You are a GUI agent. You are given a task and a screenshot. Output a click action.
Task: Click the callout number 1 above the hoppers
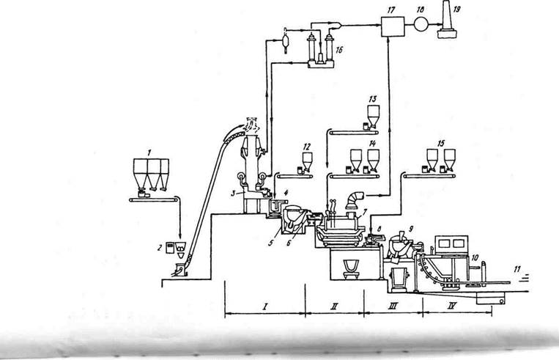[149, 150]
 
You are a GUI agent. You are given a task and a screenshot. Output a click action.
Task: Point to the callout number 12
[307, 146]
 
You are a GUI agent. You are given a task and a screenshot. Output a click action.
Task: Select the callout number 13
[372, 98]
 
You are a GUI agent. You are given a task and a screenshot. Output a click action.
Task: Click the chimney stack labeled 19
[448, 28]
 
